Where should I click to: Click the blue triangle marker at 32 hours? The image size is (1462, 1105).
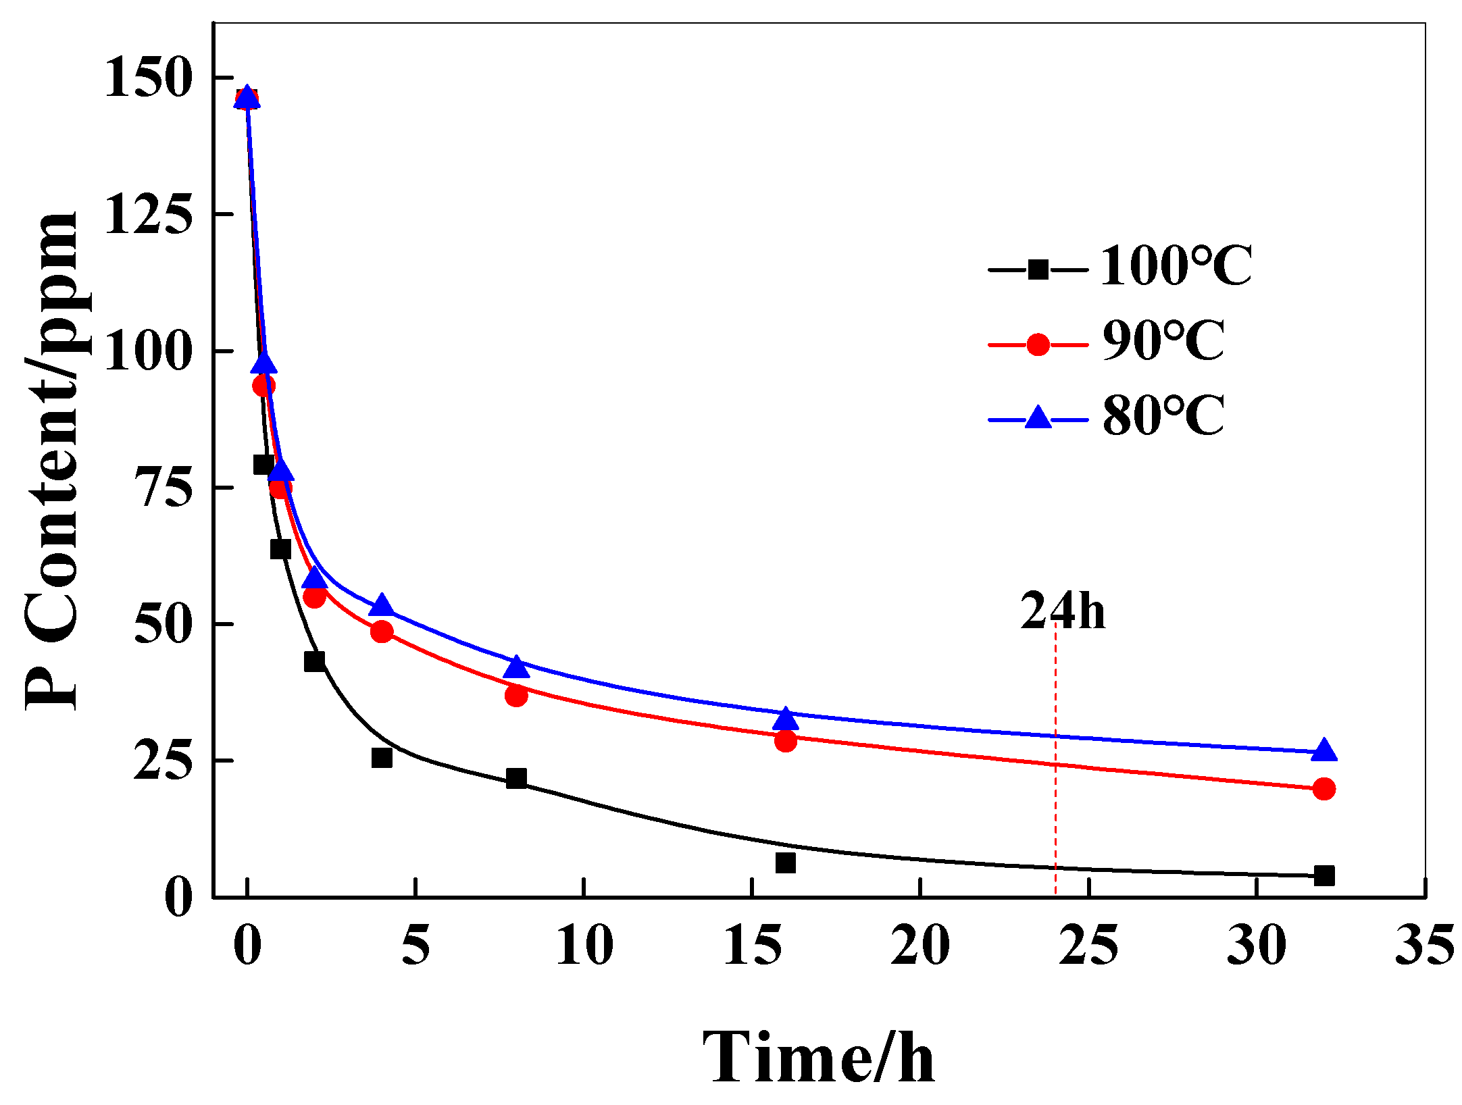pyautogui.click(x=1324, y=750)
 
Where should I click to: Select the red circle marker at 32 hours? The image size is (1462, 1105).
pyautogui.click(x=1324, y=788)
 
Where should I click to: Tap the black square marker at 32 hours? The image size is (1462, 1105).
pyautogui.click(x=1324, y=876)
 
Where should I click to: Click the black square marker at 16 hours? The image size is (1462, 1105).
pyautogui.click(x=786, y=863)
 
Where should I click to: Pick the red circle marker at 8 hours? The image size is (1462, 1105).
pyautogui.click(x=516, y=695)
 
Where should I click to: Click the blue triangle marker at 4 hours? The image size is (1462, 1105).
pyautogui.click(x=382, y=606)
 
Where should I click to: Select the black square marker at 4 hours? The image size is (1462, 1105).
pyautogui.click(x=382, y=758)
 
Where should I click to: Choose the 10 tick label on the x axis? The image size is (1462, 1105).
pyautogui.click(x=584, y=946)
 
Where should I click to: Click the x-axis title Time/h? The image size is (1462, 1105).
pyautogui.click(x=819, y=1058)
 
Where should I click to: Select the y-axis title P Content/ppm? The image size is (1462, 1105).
pyautogui.click(x=53, y=459)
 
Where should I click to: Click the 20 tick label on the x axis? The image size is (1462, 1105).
pyautogui.click(x=920, y=946)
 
